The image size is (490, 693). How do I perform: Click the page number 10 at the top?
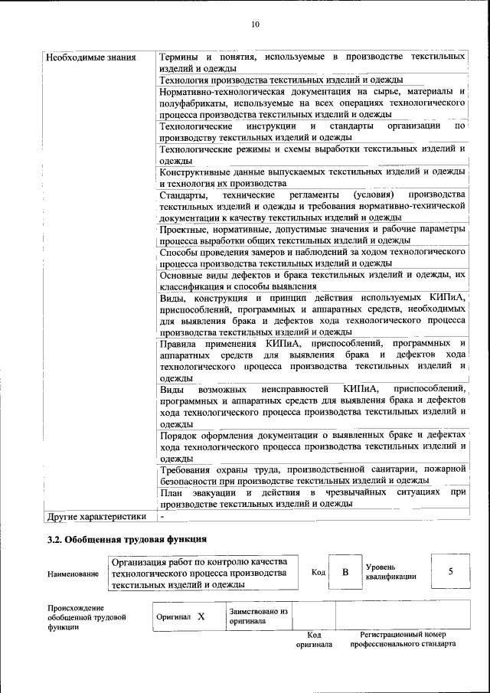[255, 25]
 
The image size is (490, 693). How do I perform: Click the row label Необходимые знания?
[91, 57]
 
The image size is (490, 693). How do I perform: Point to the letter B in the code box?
[345, 572]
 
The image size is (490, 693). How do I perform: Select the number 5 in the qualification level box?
[450, 572]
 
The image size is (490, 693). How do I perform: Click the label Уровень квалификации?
[390, 571]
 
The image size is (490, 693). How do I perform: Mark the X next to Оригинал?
[201, 616]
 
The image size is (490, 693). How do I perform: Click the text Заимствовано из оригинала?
[257, 616]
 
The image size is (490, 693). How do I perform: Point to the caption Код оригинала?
[314, 639]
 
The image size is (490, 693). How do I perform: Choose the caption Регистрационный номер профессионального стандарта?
[403, 639]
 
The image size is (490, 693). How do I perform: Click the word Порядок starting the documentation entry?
[180, 435]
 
